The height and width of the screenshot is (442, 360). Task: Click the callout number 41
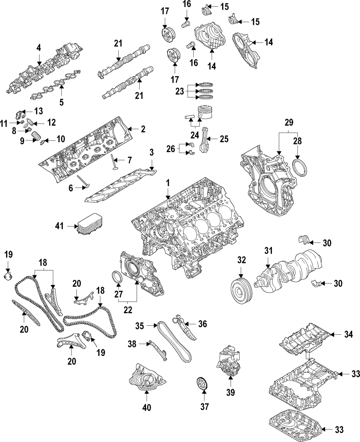59,226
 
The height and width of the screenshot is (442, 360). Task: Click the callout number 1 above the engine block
167,183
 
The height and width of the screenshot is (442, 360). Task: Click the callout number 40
147,407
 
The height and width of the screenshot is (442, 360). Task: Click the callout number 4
39,47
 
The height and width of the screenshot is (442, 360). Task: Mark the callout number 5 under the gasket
62,102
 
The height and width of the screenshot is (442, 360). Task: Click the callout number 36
203,324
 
